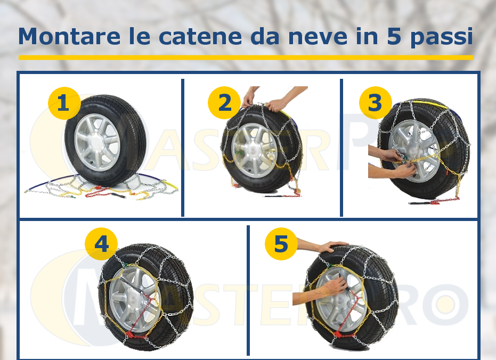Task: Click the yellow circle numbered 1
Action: (x=64, y=103)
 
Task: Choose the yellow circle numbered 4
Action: (x=101, y=244)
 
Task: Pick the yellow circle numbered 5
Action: (x=281, y=244)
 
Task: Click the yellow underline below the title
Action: (x=246, y=57)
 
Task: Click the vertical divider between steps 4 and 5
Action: (x=248, y=290)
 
